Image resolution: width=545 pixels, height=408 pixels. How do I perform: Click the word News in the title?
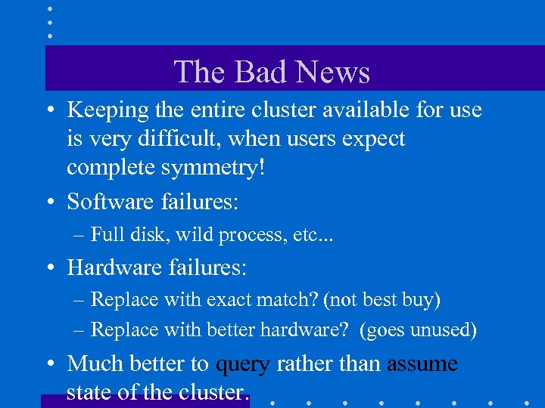pyautogui.click(x=332, y=73)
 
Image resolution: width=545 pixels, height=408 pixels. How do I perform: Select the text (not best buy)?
pyautogui.click(x=381, y=300)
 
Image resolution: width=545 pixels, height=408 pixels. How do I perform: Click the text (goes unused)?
pyautogui.click(x=419, y=330)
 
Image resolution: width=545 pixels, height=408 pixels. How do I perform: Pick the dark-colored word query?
pyautogui.click(x=242, y=364)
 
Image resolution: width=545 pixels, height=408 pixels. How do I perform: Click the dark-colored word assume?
pyautogui.click(x=422, y=364)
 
